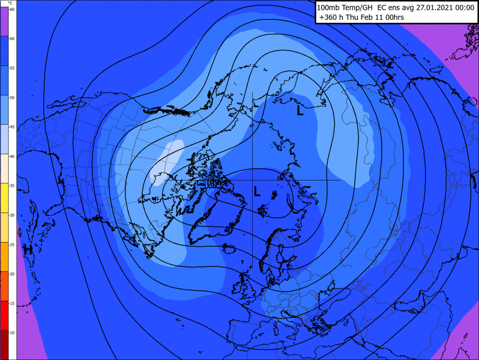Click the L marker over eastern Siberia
[300, 111]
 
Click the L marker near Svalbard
[257, 192]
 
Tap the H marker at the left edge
[28, 249]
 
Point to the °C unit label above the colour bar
[10, 3]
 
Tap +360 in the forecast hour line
[329, 18]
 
